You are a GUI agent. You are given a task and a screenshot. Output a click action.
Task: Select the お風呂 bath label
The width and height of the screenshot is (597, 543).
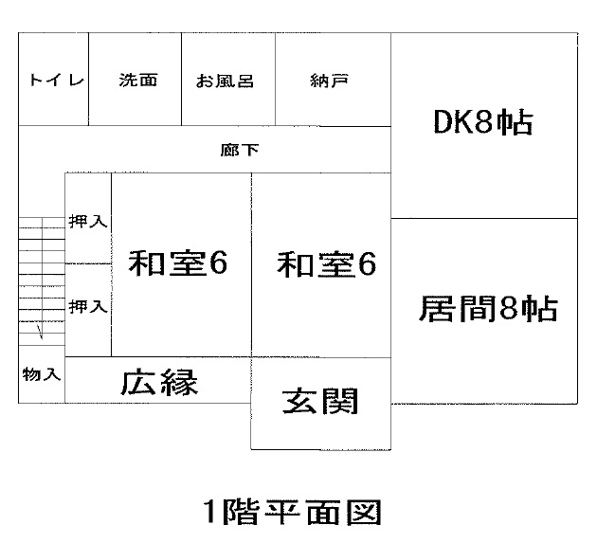[225, 81]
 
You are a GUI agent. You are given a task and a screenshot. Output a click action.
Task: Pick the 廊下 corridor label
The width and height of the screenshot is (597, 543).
[240, 150]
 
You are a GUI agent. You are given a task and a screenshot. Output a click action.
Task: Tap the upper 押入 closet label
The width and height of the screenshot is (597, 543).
[88, 222]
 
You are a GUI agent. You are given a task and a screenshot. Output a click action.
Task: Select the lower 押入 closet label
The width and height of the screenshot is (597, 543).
[88, 306]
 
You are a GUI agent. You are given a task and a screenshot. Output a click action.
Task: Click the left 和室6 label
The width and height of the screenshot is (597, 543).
[178, 263]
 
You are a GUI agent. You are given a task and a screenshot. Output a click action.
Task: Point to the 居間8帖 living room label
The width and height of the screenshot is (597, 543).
[488, 310]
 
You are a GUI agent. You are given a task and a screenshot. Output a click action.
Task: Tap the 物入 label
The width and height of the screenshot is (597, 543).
[42, 374]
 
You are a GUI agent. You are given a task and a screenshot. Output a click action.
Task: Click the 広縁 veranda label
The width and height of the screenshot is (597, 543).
[159, 383]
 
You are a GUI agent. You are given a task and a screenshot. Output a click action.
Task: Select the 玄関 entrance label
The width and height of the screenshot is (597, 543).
[321, 402]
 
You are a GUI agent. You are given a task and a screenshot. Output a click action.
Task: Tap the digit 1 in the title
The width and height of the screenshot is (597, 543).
[210, 513]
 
